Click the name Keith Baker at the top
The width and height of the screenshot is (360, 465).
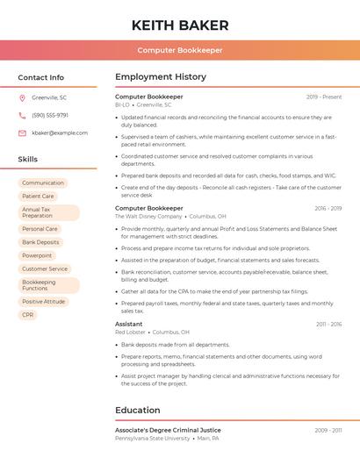pyautogui.click(x=180, y=25)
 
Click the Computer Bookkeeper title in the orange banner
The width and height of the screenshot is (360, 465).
pyautogui.click(x=180, y=50)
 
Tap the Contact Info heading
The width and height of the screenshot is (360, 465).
pyautogui.click(x=41, y=77)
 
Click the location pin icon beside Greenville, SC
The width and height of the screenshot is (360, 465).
pyautogui.click(x=22, y=97)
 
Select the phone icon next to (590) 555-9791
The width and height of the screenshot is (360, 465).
pyautogui.click(x=22, y=115)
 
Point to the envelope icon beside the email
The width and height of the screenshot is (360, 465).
pyautogui.click(x=22, y=132)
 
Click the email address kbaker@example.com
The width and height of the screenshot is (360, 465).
pyautogui.click(x=60, y=132)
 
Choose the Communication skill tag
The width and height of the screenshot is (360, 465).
pyautogui.click(x=43, y=182)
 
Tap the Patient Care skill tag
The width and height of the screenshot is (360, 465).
pyautogui.click(x=38, y=197)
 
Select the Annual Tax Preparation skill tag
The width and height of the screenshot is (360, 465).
pyautogui.click(x=48, y=212)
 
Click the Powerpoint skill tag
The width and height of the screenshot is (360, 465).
pyautogui.click(x=37, y=255)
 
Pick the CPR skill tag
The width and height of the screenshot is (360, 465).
pyautogui.click(x=28, y=314)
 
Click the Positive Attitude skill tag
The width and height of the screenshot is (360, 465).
pyautogui.click(x=44, y=301)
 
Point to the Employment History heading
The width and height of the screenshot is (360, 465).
pyautogui.click(x=161, y=77)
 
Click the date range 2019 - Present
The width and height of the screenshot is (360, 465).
pyautogui.click(x=324, y=97)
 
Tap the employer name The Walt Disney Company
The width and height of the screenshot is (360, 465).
pyautogui.click(x=148, y=216)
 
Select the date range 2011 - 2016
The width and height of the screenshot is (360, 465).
pyautogui.click(x=329, y=324)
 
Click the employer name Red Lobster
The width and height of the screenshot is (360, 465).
pyautogui.click(x=130, y=333)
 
